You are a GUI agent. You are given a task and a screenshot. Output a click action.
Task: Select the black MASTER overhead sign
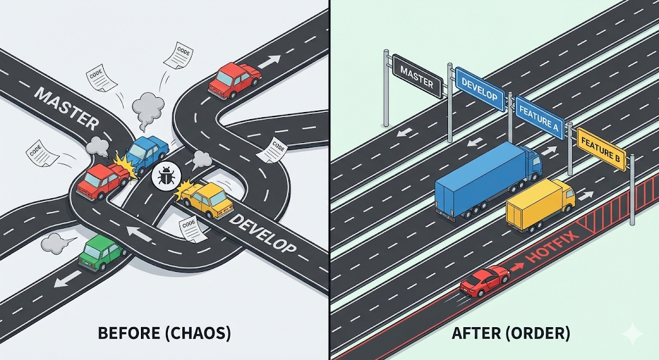coord(416,75)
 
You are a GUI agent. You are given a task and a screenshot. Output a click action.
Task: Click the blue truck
coord(487,181)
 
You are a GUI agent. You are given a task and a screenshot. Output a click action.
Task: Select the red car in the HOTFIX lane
coord(485,281)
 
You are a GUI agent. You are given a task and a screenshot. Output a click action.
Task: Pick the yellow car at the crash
coord(208,198)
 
